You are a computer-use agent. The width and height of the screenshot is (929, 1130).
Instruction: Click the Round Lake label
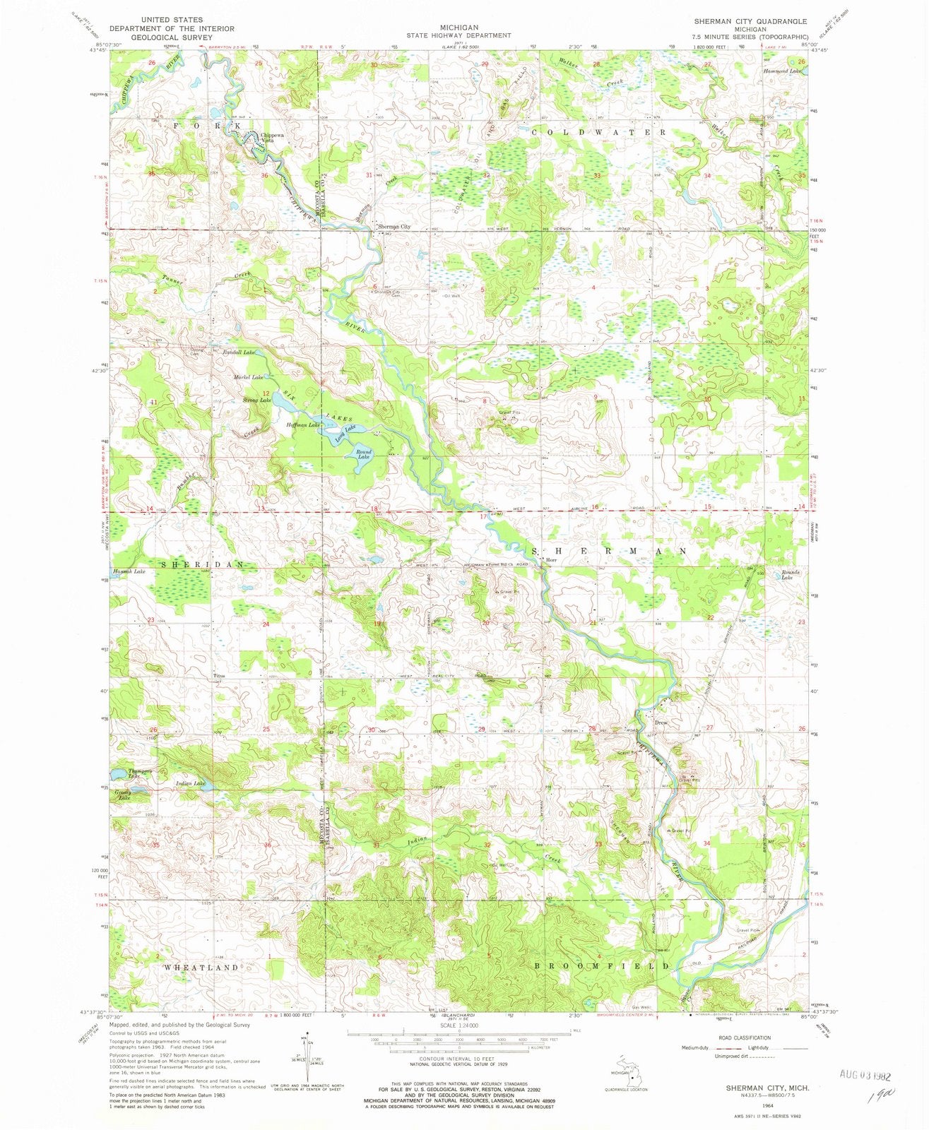tap(364, 455)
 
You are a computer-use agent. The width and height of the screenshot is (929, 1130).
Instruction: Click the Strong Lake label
tap(257, 400)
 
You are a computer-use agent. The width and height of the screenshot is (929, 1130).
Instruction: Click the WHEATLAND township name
tap(202, 968)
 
